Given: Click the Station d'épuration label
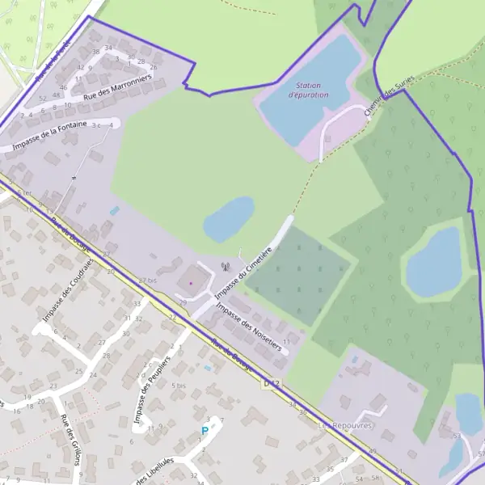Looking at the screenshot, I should point(312,90).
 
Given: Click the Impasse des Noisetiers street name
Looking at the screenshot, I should point(249,327).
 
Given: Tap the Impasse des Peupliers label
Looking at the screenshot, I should point(154,391).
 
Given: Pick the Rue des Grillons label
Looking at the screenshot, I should point(71,439).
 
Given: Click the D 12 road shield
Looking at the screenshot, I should point(271,383).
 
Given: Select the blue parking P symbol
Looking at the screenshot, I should point(205,432).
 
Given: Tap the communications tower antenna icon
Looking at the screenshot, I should point(225,266).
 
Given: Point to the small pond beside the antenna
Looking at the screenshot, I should point(229,218).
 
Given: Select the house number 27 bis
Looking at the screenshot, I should point(146,280).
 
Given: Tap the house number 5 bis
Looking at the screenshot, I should point(179,386).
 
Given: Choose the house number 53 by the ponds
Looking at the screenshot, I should point(457,436).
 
